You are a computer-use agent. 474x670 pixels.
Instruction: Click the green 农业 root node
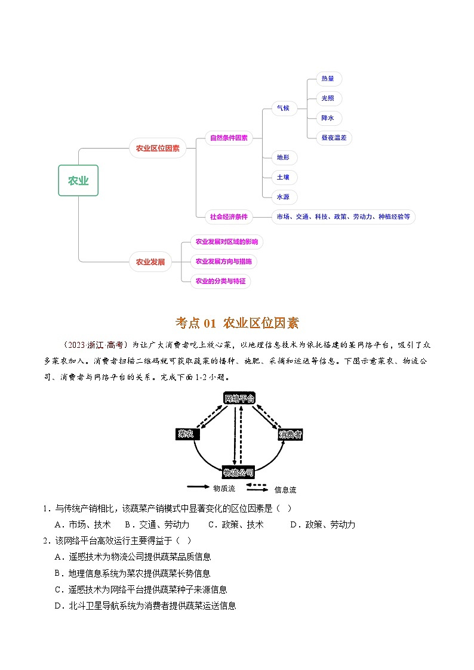click(x=78, y=181)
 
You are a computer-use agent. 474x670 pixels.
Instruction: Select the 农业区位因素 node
click(x=158, y=149)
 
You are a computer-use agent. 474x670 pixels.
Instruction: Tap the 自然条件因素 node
click(x=229, y=138)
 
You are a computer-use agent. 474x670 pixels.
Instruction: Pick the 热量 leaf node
click(x=328, y=79)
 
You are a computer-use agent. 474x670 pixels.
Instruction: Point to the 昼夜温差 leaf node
click(x=337, y=138)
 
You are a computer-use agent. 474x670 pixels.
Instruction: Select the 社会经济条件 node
click(x=229, y=217)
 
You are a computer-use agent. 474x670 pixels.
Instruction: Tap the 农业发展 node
click(x=150, y=261)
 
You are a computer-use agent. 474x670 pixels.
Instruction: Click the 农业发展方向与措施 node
click(x=224, y=261)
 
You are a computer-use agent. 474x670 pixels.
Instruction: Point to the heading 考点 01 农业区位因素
click(x=237, y=323)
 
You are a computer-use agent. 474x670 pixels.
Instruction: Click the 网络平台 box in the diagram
click(x=239, y=398)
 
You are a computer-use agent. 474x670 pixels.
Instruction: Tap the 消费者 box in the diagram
click(x=290, y=435)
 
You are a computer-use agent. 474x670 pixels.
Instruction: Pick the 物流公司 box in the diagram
click(x=238, y=473)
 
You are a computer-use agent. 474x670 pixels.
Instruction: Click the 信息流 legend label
click(x=285, y=490)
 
